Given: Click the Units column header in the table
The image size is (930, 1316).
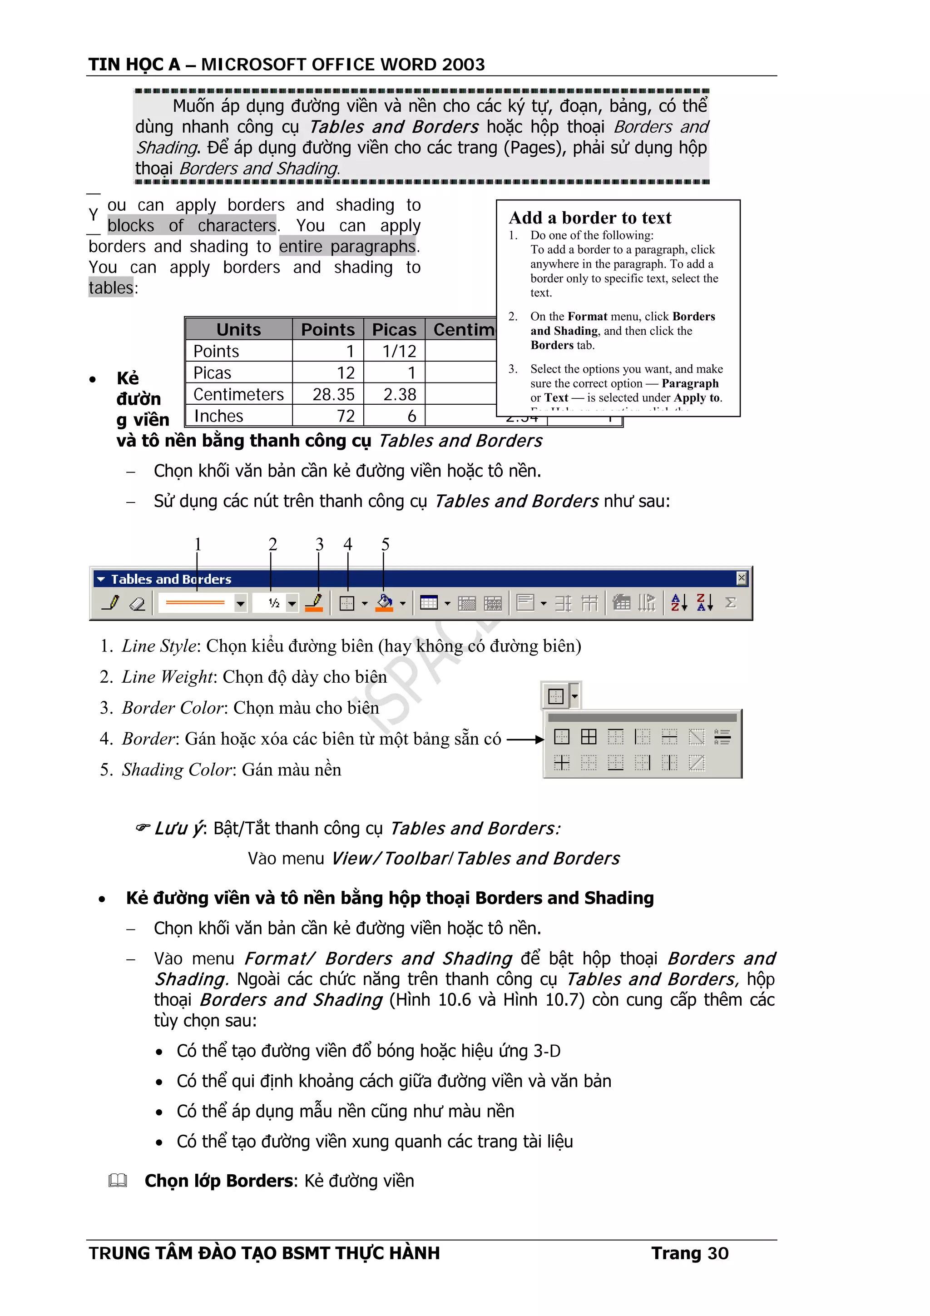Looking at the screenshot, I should point(238,330).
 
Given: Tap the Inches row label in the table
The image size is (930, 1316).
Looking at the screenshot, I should point(218,416).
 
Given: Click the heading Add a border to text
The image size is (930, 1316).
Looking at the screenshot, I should point(589,218).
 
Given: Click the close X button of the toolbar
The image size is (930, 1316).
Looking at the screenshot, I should point(741,578).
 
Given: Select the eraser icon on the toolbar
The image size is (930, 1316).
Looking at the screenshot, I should point(138,603).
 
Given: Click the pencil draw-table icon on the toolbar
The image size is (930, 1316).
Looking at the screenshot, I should point(111,603).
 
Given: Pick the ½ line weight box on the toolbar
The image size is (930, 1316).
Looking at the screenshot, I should point(274,603).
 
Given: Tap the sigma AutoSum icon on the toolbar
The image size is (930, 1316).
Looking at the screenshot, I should point(730,602).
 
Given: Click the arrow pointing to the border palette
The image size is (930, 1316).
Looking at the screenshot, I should point(525,740).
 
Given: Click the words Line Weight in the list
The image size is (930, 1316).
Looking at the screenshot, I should point(167,677).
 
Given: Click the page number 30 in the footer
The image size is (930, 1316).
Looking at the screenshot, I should point(717,1253).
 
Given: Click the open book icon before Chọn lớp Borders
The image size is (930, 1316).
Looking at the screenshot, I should point(118,1181).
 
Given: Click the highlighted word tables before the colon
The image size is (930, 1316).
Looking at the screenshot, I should point(111,288).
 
